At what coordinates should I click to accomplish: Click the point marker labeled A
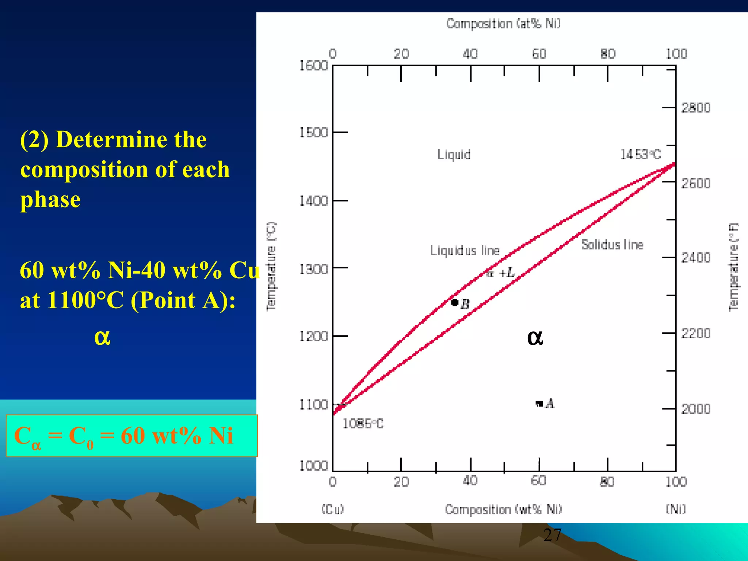pos(539,404)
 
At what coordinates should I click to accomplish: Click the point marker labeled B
pos(455,302)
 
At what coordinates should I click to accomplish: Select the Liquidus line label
pos(465,251)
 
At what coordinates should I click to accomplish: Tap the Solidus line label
pos(612,244)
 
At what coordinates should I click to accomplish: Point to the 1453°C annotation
pos(640,154)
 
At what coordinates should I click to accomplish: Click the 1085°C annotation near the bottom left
pos(363,424)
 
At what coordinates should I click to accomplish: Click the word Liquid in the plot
pos(454,154)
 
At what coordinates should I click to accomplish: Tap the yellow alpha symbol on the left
pos(102,337)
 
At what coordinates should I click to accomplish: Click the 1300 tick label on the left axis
pos(313,269)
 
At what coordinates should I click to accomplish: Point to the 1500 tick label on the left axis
pos(313,133)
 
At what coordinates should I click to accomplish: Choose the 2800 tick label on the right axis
pos(696,108)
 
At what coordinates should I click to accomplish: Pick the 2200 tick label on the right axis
pos(696,333)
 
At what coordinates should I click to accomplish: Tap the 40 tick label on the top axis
pos(470,54)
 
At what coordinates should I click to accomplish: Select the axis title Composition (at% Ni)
pos(503,24)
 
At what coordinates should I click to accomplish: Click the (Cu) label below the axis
pos(332,509)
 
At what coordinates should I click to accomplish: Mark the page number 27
pos(552,535)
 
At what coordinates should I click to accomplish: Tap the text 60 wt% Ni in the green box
pos(177,436)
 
